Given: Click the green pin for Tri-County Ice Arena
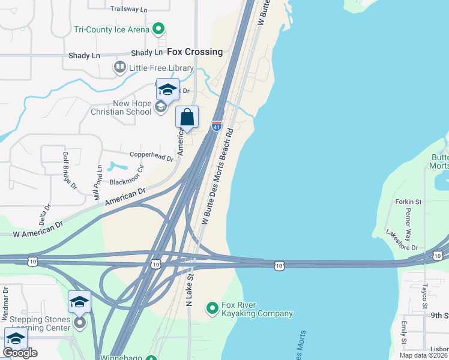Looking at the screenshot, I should (158, 28).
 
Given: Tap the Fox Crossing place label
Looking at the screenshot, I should (194, 52).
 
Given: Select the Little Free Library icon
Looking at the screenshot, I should (119, 67).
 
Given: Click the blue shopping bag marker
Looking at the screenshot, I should (187, 116).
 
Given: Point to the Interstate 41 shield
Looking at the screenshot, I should (217, 126).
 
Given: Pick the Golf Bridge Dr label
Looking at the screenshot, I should (70, 170).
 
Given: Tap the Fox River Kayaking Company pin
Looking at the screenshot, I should (211, 308).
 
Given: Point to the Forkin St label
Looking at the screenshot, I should (409, 202).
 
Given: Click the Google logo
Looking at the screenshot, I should (20, 353).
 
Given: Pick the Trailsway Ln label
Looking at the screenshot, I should (129, 10).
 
